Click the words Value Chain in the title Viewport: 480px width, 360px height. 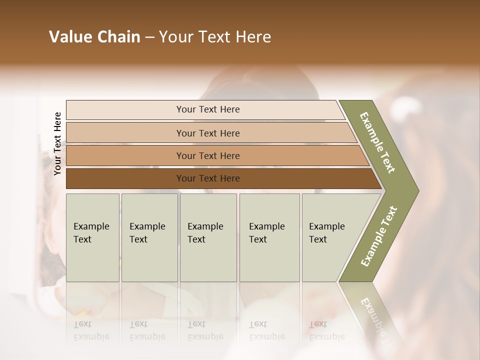click(x=94, y=37)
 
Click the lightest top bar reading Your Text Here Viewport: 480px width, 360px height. click(x=208, y=109)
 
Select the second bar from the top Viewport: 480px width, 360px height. click(x=208, y=133)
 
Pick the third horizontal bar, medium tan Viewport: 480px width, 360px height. click(x=208, y=155)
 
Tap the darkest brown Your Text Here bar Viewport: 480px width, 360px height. click(x=208, y=178)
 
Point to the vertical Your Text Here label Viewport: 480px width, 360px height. click(x=57, y=143)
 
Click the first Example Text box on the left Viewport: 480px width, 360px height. click(x=92, y=237)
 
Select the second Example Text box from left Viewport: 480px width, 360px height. click(x=149, y=237)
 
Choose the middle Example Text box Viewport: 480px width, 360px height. click(x=208, y=237)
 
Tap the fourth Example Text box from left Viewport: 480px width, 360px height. click(x=269, y=237)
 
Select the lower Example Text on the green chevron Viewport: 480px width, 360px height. click(x=379, y=236)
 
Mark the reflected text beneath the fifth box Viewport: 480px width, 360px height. click(x=326, y=330)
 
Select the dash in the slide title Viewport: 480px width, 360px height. click(x=149, y=37)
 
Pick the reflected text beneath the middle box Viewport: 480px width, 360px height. click(x=205, y=330)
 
